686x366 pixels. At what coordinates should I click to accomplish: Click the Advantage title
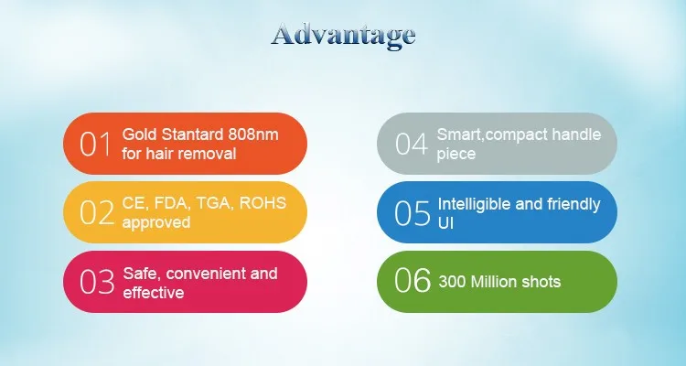coord(343,36)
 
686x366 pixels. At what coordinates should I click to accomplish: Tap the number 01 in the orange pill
coord(95,144)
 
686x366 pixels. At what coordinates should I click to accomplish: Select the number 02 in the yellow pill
coord(97,213)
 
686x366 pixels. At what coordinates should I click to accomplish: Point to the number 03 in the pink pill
coord(97,282)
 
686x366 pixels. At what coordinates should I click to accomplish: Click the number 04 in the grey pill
coord(412,144)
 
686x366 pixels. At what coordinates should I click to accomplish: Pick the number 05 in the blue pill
coord(413,213)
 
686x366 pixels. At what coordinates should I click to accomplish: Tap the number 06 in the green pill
coord(413,280)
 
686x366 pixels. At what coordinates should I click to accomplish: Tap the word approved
coord(156,223)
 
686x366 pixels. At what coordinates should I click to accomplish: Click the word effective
coord(153,293)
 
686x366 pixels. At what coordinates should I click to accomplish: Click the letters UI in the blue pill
coord(445,223)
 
